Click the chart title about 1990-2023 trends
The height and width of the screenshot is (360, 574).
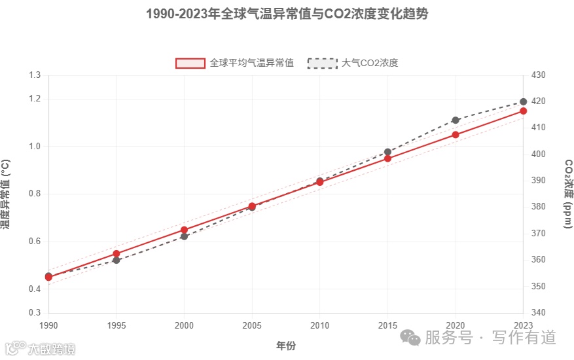[287, 14]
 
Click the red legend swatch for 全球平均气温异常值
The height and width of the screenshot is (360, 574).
[190, 63]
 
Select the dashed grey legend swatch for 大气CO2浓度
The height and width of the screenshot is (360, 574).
[322, 63]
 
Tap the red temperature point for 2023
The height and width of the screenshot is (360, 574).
[523, 111]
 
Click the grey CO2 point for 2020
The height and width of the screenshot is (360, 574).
[456, 120]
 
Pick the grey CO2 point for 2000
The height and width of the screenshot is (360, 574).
[184, 236]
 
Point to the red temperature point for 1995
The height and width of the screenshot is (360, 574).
[117, 253]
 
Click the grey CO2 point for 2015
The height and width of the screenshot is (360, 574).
[387, 152]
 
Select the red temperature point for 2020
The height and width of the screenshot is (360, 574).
[456, 135]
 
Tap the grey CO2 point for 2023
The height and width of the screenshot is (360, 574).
[523, 101]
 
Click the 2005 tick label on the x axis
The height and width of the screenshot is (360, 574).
[252, 325]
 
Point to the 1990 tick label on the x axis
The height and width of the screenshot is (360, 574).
[48, 325]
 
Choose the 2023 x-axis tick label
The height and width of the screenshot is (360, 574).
[523, 325]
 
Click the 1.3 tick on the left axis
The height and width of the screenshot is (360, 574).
[35, 75]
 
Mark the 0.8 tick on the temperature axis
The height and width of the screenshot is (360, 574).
[35, 194]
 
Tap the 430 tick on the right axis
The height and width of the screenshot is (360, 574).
[538, 75]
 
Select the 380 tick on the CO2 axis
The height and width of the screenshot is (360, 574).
[538, 207]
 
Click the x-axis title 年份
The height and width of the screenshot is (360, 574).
[286, 345]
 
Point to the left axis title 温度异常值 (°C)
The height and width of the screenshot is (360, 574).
[6, 194]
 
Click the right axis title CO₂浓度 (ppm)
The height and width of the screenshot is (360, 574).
[568, 194]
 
